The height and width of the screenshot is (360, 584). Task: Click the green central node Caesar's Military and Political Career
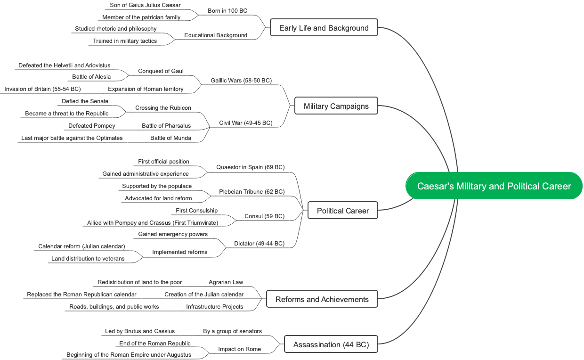click(x=494, y=186)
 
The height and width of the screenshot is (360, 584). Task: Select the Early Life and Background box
click(x=324, y=28)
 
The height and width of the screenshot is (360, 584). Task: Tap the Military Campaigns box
click(x=336, y=106)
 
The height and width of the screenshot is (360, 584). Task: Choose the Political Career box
click(x=342, y=211)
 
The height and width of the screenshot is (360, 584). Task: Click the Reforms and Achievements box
click(x=322, y=299)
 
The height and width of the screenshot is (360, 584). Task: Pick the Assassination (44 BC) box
click(x=331, y=344)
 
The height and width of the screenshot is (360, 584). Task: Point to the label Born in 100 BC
click(x=227, y=11)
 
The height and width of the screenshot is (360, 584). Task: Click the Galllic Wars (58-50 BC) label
click(x=241, y=81)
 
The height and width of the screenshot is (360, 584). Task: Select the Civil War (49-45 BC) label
click(x=245, y=123)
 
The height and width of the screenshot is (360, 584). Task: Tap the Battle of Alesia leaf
click(x=91, y=77)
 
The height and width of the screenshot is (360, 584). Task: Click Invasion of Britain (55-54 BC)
click(x=42, y=89)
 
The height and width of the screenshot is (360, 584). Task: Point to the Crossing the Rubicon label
click(x=163, y=108)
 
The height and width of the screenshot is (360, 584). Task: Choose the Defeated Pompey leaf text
click(x=91, y=126)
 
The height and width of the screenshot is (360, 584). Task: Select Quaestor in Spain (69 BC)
click(x=250, y=167)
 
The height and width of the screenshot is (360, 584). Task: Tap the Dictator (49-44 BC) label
click(x=259, y=244)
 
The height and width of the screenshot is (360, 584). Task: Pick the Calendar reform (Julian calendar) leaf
click(x=81, y=246)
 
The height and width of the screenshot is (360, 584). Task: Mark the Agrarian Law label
click(x=226, y=282)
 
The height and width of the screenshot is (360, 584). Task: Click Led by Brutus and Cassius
click(x=139, y=331)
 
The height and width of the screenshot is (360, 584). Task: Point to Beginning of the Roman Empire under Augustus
click(x=129, y=355)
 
